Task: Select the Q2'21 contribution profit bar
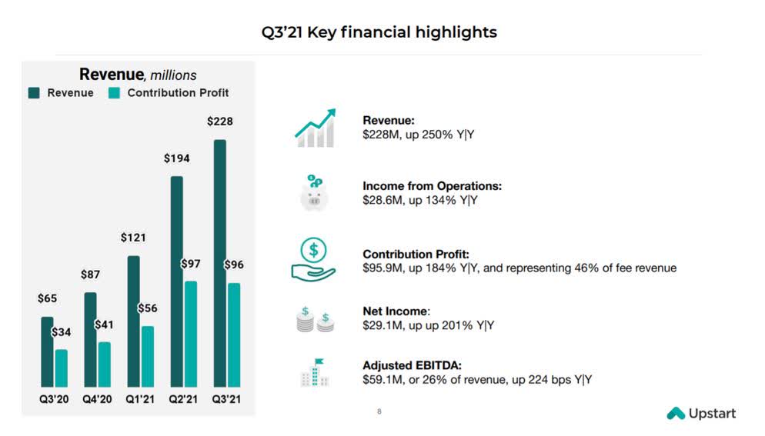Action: (x=191, y=334)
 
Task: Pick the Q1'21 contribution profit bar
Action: (x=148, y=356)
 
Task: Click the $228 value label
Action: (x=220, y=121)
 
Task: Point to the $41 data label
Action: (x=104, y=325)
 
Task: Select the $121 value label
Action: (x=133, y=238)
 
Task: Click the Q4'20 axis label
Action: (x=97, y=400)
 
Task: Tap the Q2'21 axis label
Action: (x=183, y=400)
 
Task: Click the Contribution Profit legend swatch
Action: (x=114, y=93)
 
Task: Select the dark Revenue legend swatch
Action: (x=35, y=93)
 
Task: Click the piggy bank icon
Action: (x=314, y=193)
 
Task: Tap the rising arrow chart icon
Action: (x=315, y=128)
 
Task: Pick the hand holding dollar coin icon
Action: (x=314, y=259)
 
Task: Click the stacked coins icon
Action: (x=315, y=319)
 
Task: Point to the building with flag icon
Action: (x=315, y=372)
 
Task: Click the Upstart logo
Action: (x=700, y=414)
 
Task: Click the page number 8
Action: (x=379, y=412)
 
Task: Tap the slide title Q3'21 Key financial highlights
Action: (x=379, y=32)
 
